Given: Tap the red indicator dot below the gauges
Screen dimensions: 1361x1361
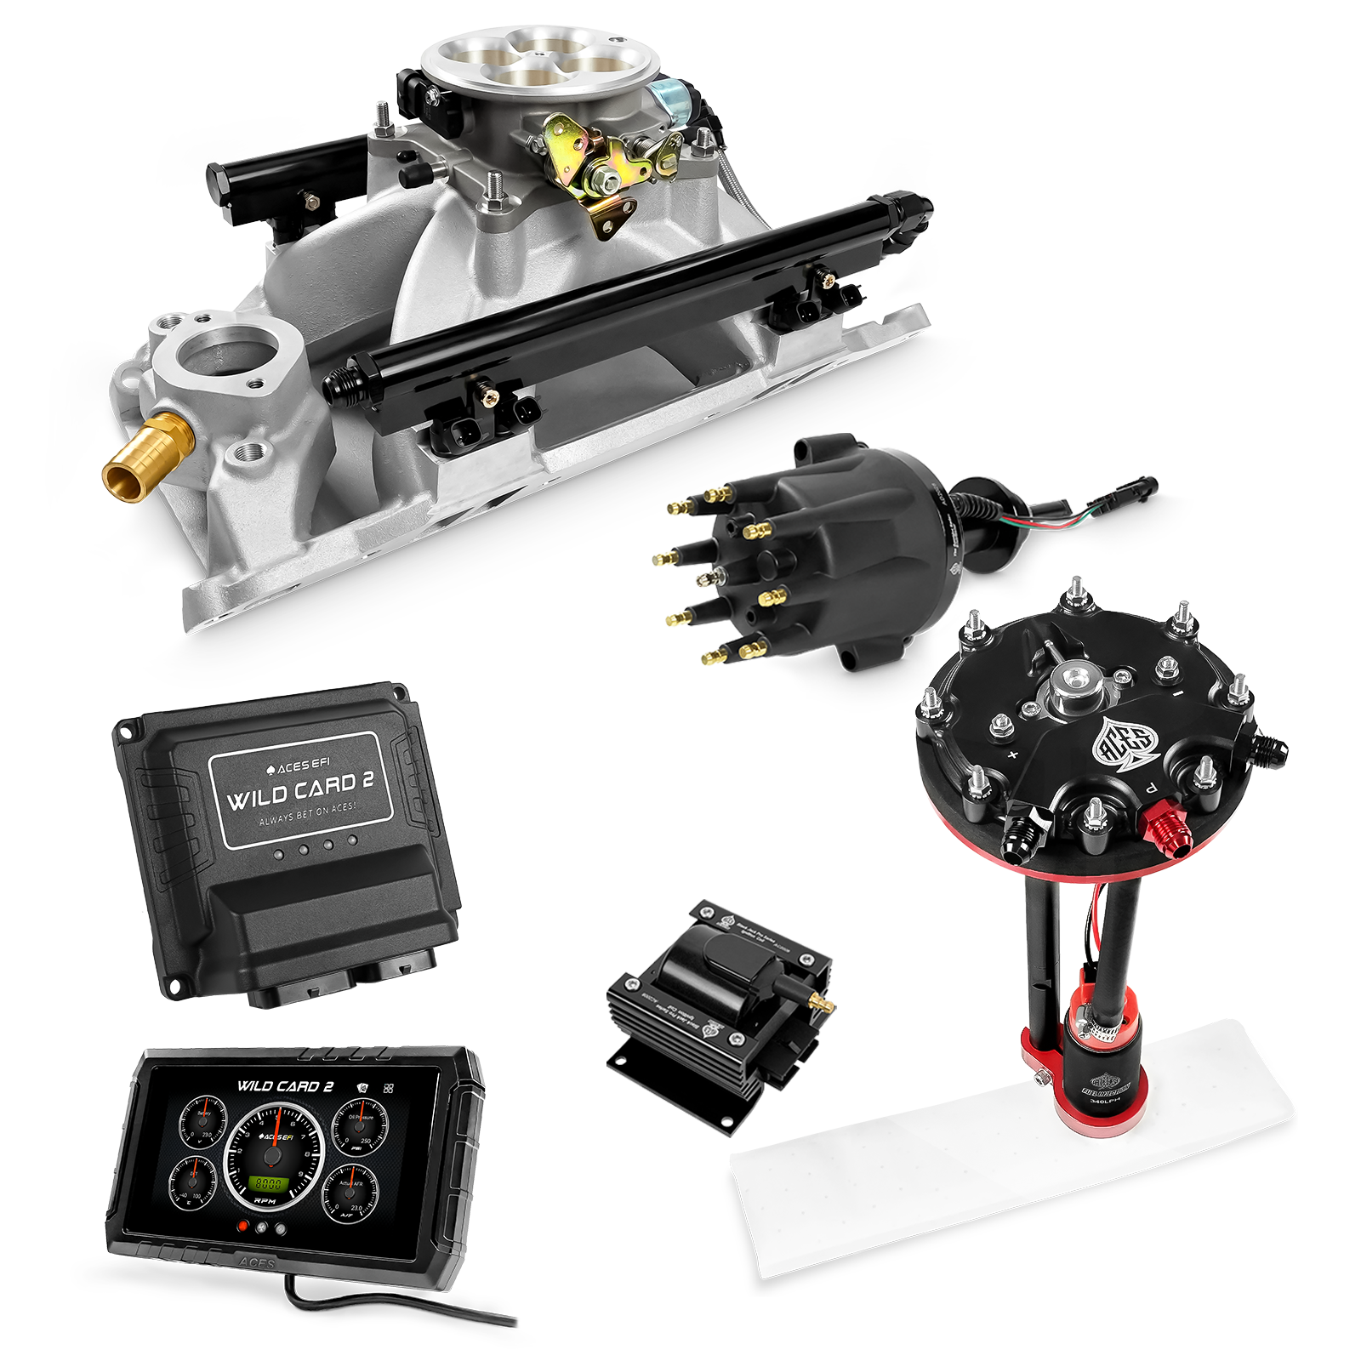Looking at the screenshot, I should pyautogui.click(x=244, y=1227).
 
